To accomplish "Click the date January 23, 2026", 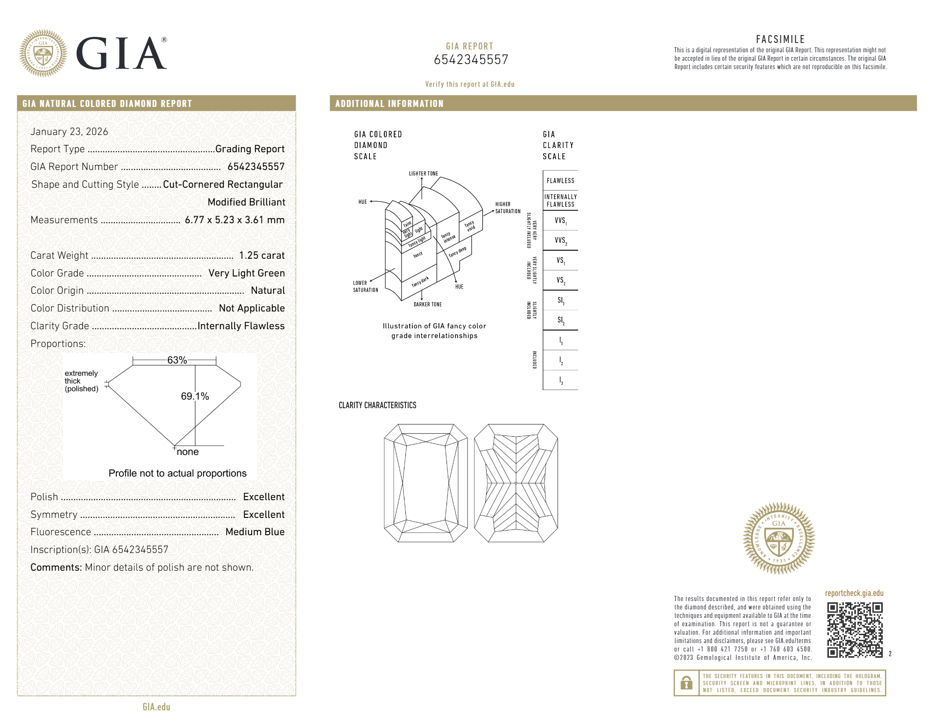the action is (69, 132).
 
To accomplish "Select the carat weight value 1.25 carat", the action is (262, 255).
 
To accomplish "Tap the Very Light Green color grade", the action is (247, 273).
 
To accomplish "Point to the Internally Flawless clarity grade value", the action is (241, 326).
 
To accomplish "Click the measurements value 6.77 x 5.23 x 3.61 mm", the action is (235, 220).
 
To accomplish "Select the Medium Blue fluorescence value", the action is (255, 532).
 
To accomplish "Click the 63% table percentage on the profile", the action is (177, 360).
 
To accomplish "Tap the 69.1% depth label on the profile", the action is (195, 396).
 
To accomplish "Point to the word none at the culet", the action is (188, 452).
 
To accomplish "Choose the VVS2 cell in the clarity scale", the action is (560, 241).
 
